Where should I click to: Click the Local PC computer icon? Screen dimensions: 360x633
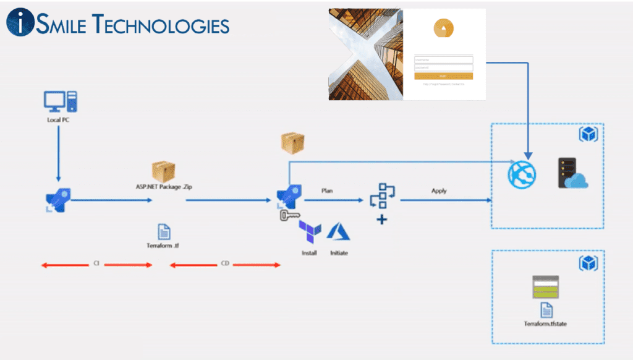coord(60,101)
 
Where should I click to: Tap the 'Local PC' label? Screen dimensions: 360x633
coord(58,120)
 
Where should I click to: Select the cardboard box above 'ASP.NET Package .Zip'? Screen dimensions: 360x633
coord(164,171)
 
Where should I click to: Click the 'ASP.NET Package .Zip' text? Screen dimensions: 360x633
coord(164,186)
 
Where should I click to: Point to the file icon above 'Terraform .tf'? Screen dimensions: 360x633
coord(164,232)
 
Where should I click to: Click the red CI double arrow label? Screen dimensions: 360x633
coord(96,264)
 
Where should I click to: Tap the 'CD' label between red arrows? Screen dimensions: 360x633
coord(225,264)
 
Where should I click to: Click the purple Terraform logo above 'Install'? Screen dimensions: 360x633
coord(310,232)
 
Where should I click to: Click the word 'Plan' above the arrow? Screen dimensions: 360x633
coord(327,191)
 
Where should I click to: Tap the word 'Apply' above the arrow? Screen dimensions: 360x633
coord(439,191)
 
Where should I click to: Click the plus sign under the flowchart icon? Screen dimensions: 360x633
coord(382,219)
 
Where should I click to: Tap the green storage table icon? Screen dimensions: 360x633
coord(546,287)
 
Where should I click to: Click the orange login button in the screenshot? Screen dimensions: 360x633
coord(443,76)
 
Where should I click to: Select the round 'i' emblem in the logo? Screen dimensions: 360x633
coord(20,22)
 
